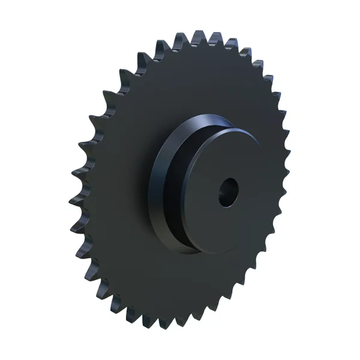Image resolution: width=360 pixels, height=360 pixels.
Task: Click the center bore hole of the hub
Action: (229, 193)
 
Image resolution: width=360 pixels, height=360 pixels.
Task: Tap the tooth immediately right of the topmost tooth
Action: (198, 36)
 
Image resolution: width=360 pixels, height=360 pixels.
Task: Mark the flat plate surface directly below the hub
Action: (180, 282)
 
